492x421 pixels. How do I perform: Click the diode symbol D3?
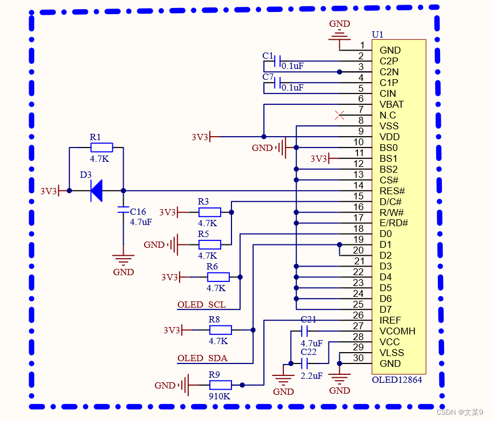point(96,191)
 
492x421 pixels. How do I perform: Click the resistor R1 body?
point(101,148)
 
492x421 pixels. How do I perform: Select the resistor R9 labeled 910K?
point(220,385)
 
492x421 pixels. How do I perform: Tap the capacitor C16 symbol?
point(123,211)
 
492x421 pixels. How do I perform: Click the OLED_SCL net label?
point(201,305)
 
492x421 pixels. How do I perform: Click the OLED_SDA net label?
point(202,358)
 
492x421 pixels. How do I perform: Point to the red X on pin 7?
point(340,115)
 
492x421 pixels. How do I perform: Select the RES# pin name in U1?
point(392,191)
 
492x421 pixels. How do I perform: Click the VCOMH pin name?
point(397,331)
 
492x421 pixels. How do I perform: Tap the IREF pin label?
point(391,320)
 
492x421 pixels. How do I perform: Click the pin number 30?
point(358,358)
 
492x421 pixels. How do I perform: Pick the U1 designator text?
point(377,35)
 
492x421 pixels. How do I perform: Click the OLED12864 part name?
point(397,379)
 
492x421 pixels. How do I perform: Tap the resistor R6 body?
point(218,277)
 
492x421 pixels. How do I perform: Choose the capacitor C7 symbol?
point(277,83)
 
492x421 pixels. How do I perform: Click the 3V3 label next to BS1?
point(319,158)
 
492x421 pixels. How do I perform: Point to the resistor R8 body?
point(220,330)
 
